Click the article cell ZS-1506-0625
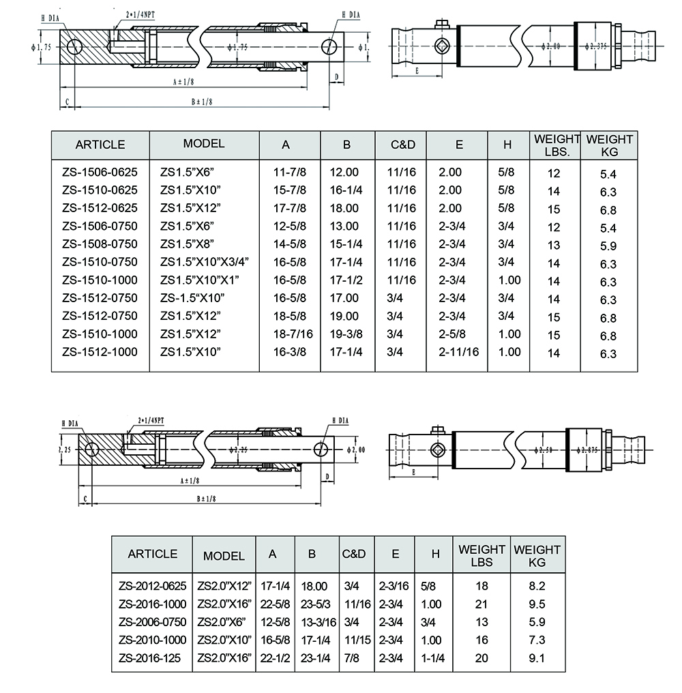click(x=100, y=173)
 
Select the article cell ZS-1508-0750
click(x=100, y=244)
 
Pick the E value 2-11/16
click(x=459, y=352)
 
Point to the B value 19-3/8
click(x=346, y=334)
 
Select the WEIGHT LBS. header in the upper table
click(x=557, y=145)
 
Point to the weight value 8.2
click(x=537, y=586)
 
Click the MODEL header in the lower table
click(x=224, y=555)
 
